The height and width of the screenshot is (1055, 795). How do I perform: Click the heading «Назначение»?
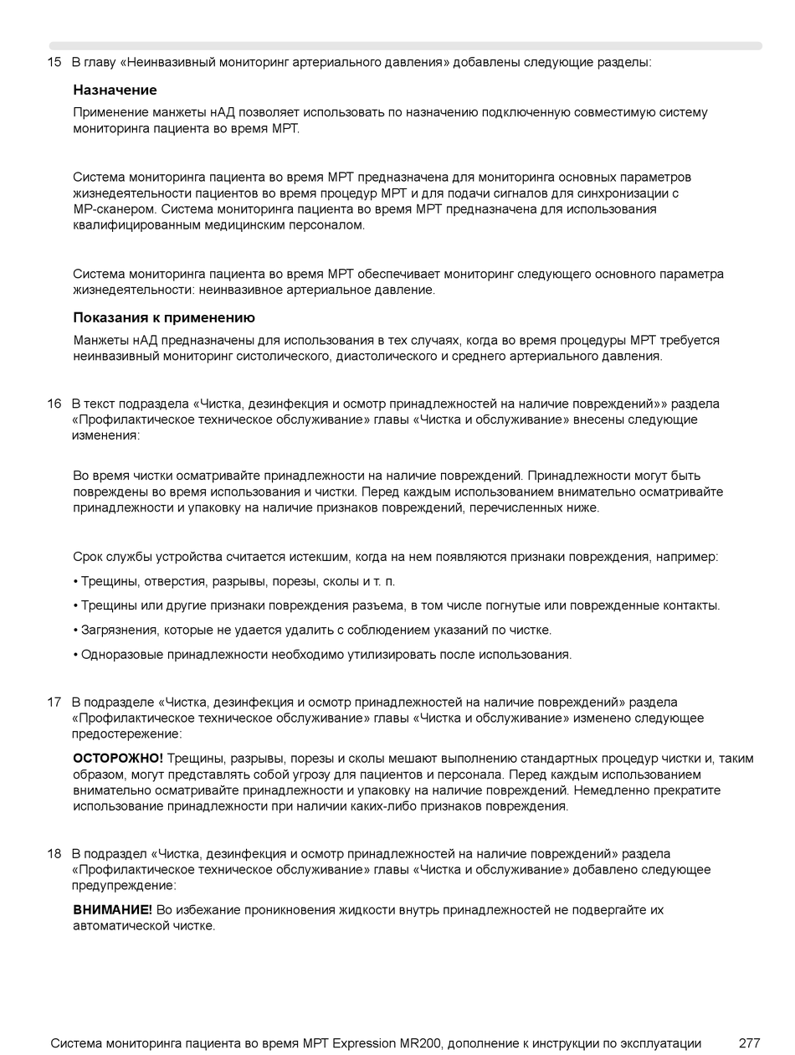point(115,90)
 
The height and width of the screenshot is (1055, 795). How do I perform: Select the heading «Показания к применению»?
point(164,318)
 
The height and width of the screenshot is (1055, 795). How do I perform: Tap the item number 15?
point(54,62)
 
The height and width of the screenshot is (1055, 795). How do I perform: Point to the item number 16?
point(54,404)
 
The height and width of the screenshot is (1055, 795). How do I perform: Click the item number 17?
point(54,702)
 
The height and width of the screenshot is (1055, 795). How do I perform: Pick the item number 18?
point(54,854)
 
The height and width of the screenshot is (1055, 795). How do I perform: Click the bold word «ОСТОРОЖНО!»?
point(118,759)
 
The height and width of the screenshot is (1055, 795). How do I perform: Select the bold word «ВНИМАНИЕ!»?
point(112,910)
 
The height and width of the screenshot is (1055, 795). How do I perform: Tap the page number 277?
point(749,1043)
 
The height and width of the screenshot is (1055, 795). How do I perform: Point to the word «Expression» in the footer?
point(365,1043)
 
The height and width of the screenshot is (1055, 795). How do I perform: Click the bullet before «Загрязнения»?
point(75,630)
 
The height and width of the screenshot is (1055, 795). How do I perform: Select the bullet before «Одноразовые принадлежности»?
point(75,655)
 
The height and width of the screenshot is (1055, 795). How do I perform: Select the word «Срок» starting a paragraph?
point(89,558)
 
